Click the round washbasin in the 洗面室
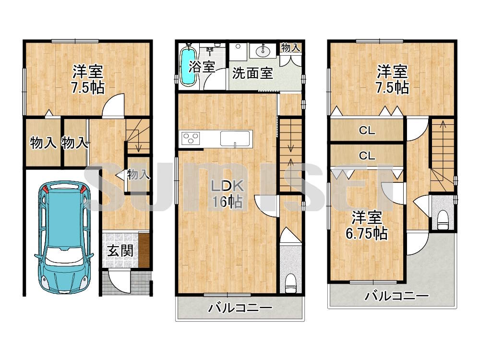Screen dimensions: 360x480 point(263,51)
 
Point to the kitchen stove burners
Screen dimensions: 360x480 point(191,139)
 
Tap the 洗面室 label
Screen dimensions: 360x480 point(252,73)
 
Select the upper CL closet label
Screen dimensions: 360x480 point(367,130)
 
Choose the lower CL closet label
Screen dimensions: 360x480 point(367,156)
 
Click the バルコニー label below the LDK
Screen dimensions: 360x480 point(240,308)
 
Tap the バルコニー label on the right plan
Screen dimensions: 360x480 point(396,297)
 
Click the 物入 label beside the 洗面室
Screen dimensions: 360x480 point(291,48)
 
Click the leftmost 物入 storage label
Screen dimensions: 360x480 point(42,143)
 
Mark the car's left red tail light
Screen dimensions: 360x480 point(45,190)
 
